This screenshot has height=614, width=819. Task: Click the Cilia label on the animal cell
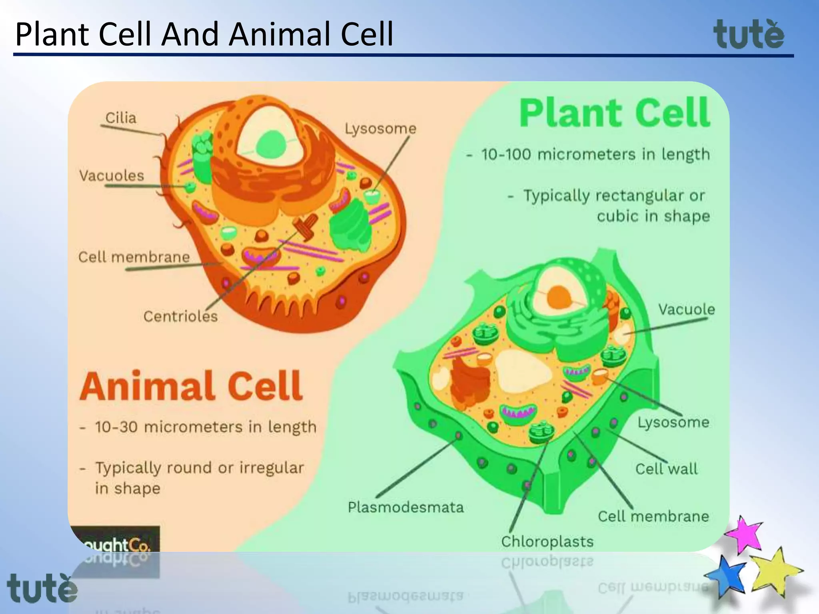[x=120, y=118]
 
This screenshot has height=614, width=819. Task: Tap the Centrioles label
[x=180, y=317]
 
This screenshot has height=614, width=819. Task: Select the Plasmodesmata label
[x=406, y=507]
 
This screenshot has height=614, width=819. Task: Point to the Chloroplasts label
[x=547, y=542]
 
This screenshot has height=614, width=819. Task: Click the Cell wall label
[x=666, y=469]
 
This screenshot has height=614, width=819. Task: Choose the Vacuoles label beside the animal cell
[x=112, y=175]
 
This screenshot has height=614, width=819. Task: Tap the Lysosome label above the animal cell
[x=380, y=129]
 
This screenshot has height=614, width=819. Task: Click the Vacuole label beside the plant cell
[x=686, y=309]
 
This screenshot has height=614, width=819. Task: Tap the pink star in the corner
[x=744, y=534]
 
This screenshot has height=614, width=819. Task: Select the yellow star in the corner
[x=775, y=572]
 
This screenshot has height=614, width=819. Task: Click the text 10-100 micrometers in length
[x=595, y=154]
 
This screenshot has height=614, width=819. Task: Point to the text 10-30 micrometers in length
[x=206, y=427]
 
